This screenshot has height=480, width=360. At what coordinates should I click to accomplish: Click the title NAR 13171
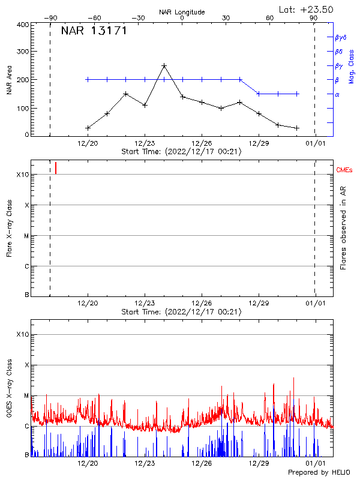(x=94, y=31)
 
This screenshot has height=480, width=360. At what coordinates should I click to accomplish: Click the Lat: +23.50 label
(x=307, y=9)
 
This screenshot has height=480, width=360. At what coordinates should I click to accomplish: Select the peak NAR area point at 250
(x=164, y=65)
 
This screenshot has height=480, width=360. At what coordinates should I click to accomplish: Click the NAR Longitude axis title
(x=182, y=12)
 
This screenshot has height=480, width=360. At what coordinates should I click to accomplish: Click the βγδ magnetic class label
(x=341, y=37)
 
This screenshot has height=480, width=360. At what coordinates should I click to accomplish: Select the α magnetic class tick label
(x=337, y=94)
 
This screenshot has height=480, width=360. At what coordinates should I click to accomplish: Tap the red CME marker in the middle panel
(x=56, y=168)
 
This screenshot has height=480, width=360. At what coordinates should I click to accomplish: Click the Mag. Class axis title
(x=351, y=66)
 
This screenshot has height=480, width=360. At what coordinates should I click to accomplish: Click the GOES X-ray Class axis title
(x=9, y=392)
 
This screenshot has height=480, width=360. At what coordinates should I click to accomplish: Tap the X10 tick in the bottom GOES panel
(x=22, y=334)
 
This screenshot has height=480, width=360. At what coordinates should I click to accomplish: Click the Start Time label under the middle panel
(x=181, y=312)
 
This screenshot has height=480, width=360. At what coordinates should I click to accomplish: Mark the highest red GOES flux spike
(x=293, y=378)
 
